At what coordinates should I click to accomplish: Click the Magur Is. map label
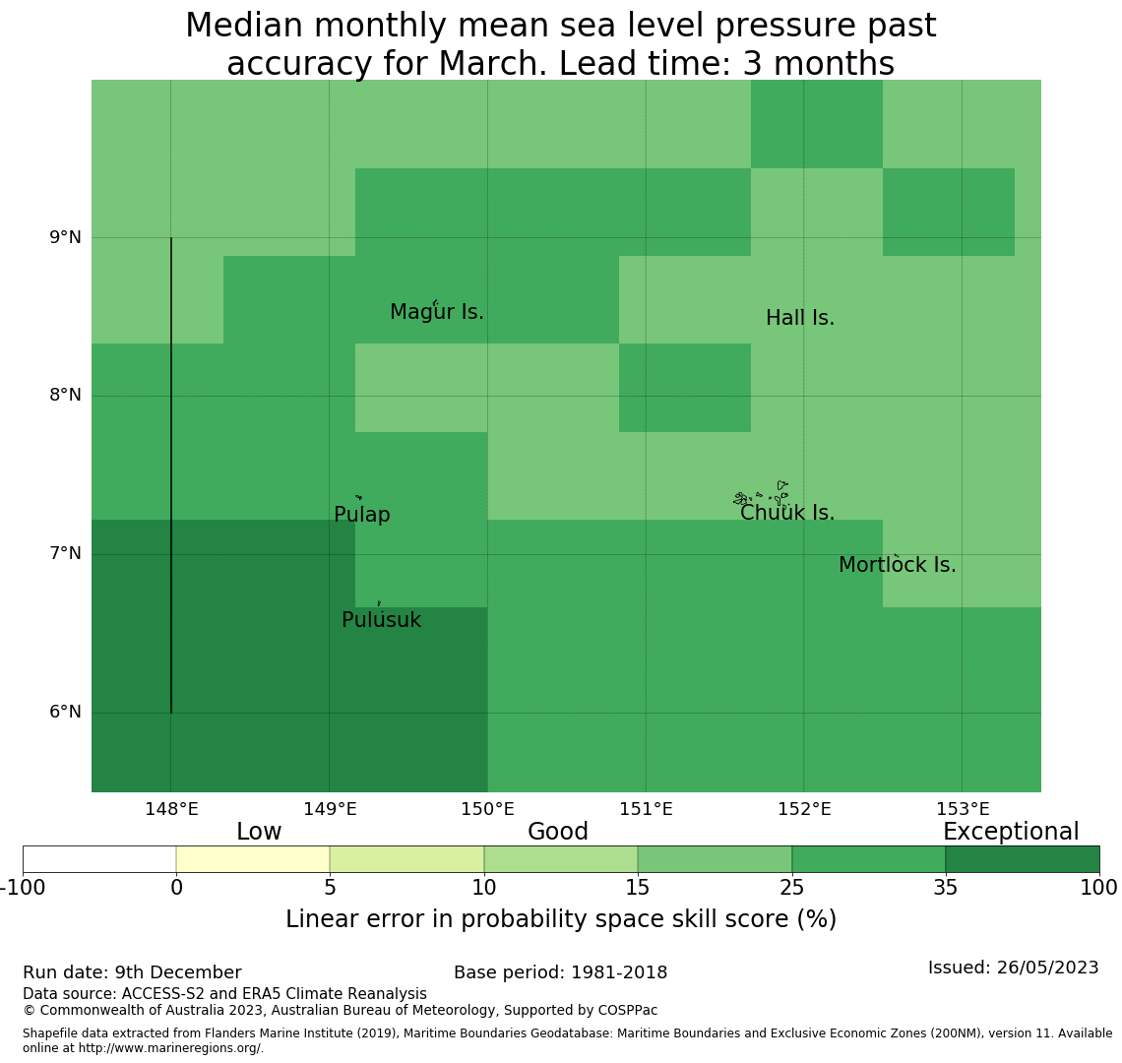(x=437, y=312)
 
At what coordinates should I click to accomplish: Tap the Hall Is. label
(x=800, y=318)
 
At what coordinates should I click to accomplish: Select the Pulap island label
(x=362, y=515)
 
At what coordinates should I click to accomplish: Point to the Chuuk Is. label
(x=787, y=513)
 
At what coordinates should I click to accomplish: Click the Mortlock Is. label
(x=898, y=565)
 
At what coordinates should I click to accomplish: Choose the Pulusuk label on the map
(x=381, y=620)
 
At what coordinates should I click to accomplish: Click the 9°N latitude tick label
(x=65, y=237)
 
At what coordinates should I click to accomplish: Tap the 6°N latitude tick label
(x=65, y=712)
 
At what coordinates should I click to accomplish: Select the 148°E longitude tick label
(x=171, y=809)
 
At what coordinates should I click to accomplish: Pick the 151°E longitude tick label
(x=646, y=809)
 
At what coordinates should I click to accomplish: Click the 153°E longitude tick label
(x=963, y=809)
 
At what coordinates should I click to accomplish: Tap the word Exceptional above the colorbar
(x=1011, y=832)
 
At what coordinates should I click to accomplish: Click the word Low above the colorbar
(x=259, y=832)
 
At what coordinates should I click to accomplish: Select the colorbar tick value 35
(x=946, y=888)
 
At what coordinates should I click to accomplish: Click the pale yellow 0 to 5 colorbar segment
(x=253, y=859)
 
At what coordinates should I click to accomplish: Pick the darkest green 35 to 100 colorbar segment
(x=1023, y=859)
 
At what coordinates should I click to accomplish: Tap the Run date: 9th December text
(x=132, y=972)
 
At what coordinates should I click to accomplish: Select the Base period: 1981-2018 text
(x=560, y=972)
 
